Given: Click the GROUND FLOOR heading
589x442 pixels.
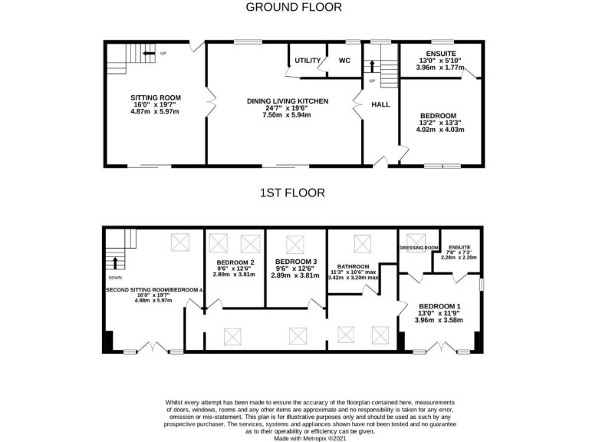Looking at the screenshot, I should coord(294,8).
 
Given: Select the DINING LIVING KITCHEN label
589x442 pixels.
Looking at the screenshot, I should coord(288,101).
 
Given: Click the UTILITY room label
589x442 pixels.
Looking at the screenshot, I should coord(307,61).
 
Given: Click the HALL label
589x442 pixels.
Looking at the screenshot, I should coord(381,104).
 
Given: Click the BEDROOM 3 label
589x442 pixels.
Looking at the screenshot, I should coord(295,262).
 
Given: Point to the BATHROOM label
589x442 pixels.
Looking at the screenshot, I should coord(354,266).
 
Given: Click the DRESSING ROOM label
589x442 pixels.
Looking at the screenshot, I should coord(419,248).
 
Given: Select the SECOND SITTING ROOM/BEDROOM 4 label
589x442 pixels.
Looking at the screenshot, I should coord(154,289).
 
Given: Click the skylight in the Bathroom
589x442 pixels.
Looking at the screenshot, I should coord(362,243).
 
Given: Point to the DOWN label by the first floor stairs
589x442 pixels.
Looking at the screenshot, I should coord(114,278).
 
